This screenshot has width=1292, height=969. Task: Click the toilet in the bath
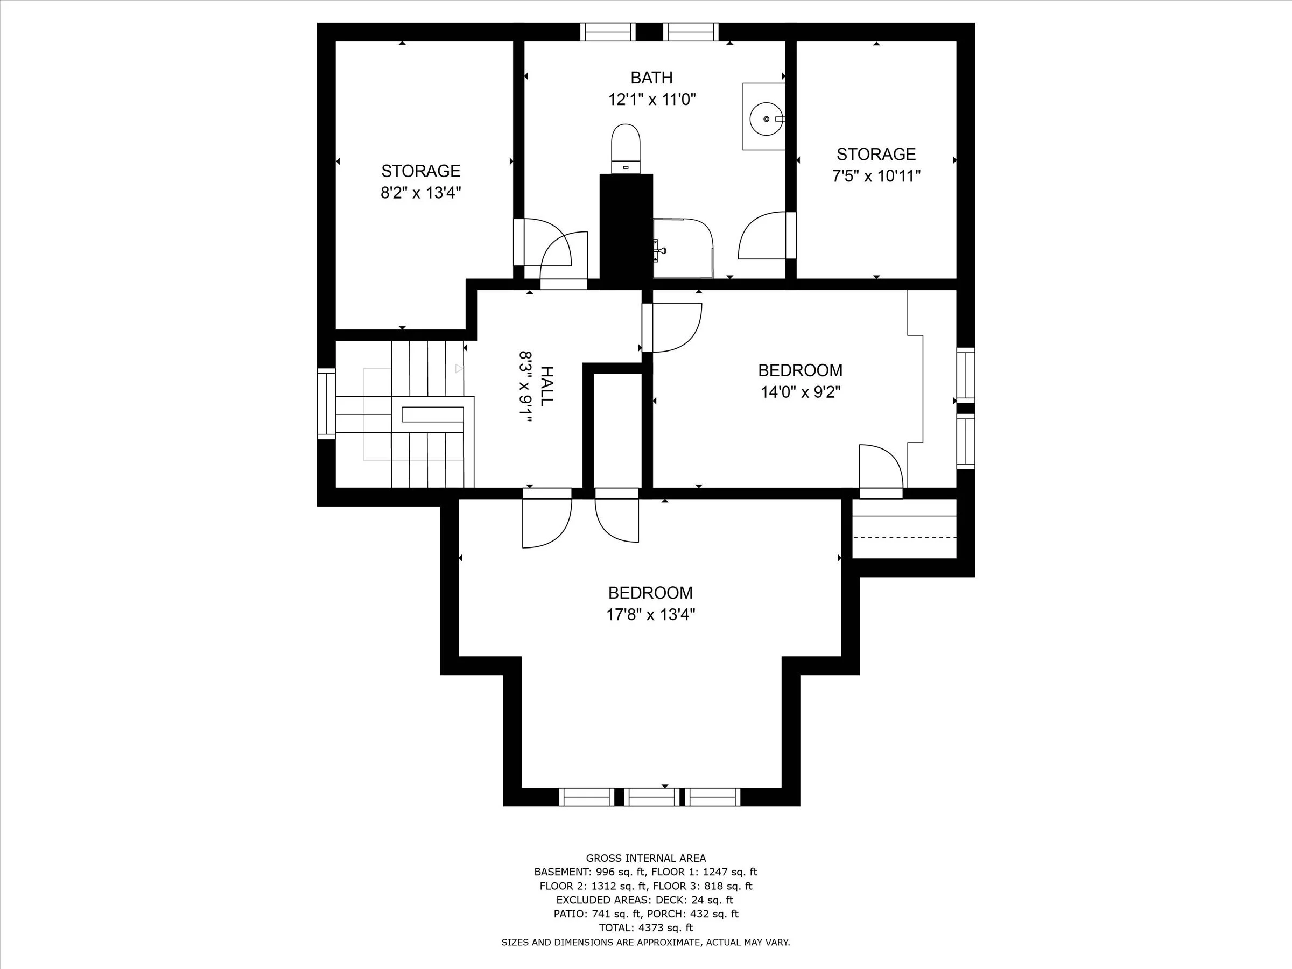tap(625, 147)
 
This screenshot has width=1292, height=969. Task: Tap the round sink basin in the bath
tap(766, 119)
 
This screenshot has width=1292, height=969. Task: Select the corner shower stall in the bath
tap(682, 248)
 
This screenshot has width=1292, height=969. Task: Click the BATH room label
tap(651, 78)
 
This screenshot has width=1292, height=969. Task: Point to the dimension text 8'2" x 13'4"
tap(420, 193)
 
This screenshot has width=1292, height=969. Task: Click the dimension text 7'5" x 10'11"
tap(876, 176)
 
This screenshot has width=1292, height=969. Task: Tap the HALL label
tap(546, 386)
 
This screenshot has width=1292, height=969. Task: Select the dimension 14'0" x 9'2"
tap(800, 392)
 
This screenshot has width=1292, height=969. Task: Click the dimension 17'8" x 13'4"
tap(650, 614)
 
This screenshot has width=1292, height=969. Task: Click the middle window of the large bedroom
tap(652, 797)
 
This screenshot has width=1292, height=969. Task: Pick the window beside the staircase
tap(326, 403)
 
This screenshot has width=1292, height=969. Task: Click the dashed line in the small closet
tap(904, 537)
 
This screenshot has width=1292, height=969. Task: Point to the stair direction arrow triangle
tap(459, 369)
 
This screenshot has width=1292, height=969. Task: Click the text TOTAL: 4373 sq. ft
tap(645, 928)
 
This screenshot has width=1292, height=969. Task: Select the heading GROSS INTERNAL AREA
tap(645, 858)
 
